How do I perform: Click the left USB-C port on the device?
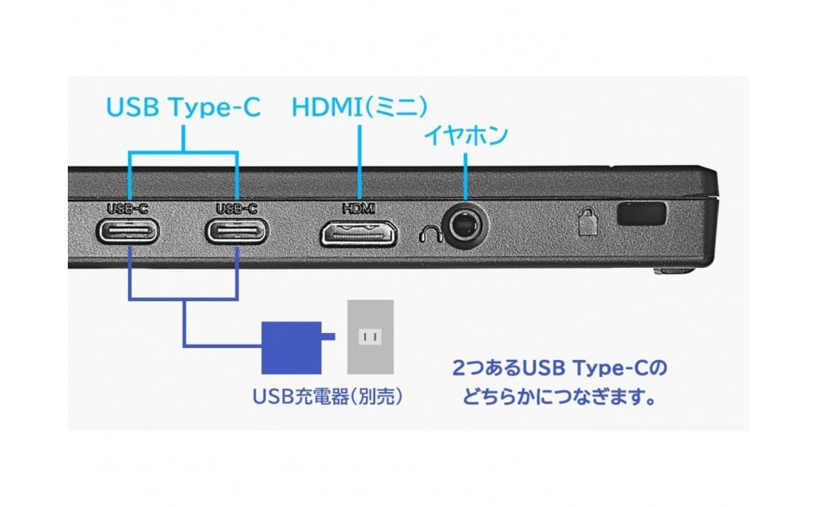point(127,231)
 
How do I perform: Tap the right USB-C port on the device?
point(237,231)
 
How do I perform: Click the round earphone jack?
point(466,226)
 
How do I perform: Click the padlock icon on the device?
point(587,222)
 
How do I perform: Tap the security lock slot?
point(641,214)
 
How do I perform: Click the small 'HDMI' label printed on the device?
point(359,209)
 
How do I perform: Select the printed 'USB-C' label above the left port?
point(127,209)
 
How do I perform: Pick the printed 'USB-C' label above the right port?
point(237,209)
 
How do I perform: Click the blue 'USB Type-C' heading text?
point(183,107)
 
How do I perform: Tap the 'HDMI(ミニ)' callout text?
point(359,107)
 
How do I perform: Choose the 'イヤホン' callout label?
point(466,136)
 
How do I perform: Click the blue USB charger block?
point(292,348)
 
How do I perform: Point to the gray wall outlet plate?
point(370,337)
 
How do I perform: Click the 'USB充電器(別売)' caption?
point(328,397)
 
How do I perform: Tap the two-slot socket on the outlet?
point(370,337)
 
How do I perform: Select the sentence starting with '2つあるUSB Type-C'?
point(560,368)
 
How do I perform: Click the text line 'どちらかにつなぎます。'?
point(560,398)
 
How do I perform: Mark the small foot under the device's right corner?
point(674,271)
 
